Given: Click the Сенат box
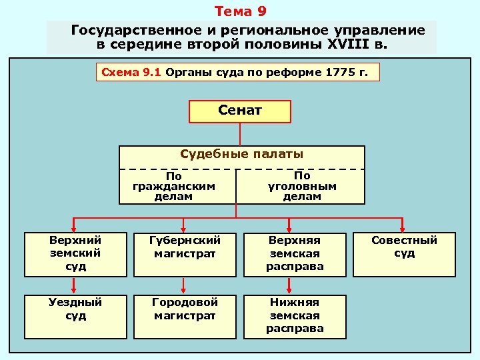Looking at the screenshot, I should [x=240, y=111].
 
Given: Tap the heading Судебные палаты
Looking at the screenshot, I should [x=242, y=154].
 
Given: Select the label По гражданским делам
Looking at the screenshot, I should [x=174, y=187].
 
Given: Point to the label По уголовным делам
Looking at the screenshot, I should [x=302, y=187].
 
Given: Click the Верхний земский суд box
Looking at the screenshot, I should [x=75, y=253].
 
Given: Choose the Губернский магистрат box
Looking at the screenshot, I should [x=185, y=247].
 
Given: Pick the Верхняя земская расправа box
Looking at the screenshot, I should [x=295, y=253].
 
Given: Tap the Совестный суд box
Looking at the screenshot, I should [x=404, y=247].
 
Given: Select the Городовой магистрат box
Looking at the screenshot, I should [x=185, y=309].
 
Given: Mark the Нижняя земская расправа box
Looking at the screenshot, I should [x=295, y=315].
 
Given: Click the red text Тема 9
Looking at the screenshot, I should [x=241, y=11].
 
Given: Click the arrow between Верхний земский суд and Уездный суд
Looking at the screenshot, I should [x=75, y=285].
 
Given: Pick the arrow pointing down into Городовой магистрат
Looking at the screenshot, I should [x=185, y=285].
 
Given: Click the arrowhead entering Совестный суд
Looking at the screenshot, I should [x=403, y=228].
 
